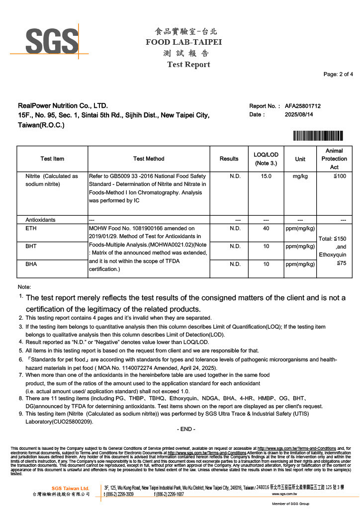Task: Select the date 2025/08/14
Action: pos(299,115)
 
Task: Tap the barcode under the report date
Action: pos(318,135)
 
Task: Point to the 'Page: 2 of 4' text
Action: pos(338,75)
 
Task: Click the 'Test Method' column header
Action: pos(149,159)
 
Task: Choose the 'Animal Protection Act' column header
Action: pos(334,159)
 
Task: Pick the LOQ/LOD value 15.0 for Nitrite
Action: pos(266,176)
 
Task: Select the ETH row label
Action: pos(30,229)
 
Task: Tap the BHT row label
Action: pos(31,246)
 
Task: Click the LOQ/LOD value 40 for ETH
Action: pos(266,229)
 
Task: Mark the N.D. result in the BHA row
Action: pos(235,264)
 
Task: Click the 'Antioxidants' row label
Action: pos(40,220)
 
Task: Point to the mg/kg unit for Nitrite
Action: pos(300,176)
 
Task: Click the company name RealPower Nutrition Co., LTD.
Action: pos(63,106)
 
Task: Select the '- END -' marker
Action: pos(186,429)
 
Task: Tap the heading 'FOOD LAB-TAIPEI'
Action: pos(183,42)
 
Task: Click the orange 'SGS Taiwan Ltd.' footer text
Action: pos(70,488)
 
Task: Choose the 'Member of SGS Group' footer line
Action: pos(291,504)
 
